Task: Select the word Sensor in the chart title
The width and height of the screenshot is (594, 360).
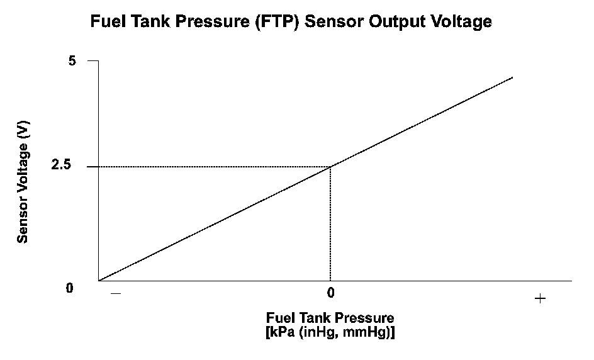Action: (338, 21)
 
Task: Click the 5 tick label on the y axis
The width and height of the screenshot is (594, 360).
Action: (72, 61)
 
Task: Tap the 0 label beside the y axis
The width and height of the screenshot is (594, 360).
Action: (70, 288)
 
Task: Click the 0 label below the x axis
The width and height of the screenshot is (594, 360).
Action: (330, 293)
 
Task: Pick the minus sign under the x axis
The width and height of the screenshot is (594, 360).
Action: (115, 293)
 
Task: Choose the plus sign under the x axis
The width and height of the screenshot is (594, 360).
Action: (539, 298)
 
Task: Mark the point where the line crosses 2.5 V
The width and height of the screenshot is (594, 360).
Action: (330, 166)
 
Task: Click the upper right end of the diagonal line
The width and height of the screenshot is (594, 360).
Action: (512, 77)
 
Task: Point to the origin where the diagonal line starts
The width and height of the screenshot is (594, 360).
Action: (99, 281)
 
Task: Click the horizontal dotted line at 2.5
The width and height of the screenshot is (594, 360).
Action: (214, 166)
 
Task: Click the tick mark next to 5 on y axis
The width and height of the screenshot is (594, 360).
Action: (93, 60)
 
